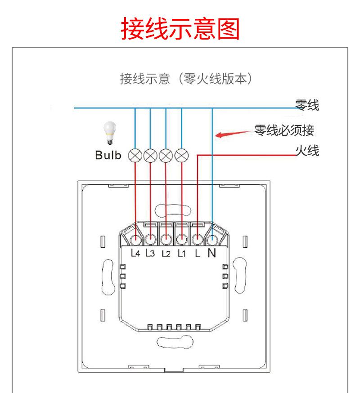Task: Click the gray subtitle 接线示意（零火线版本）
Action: click(x=185, y=79)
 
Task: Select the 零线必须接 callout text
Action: click(x=284, y=131)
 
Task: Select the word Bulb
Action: click(x=108, y=156)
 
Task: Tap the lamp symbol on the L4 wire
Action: click(x=135, y=155)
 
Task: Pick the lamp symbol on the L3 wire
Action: click(x=150, y=155)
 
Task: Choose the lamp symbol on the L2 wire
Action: click(x=166, y=155)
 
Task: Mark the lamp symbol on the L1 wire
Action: click(x=181, y=155)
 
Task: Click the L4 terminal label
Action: click(x=135, y=253)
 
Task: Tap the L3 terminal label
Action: click(x=150, y=253)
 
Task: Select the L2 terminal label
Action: click(x=166, y=253)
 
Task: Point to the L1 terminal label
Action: click(x=181, y=253)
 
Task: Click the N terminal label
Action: click(x=211, y=253)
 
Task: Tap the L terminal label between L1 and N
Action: click(x=197, y=253)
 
